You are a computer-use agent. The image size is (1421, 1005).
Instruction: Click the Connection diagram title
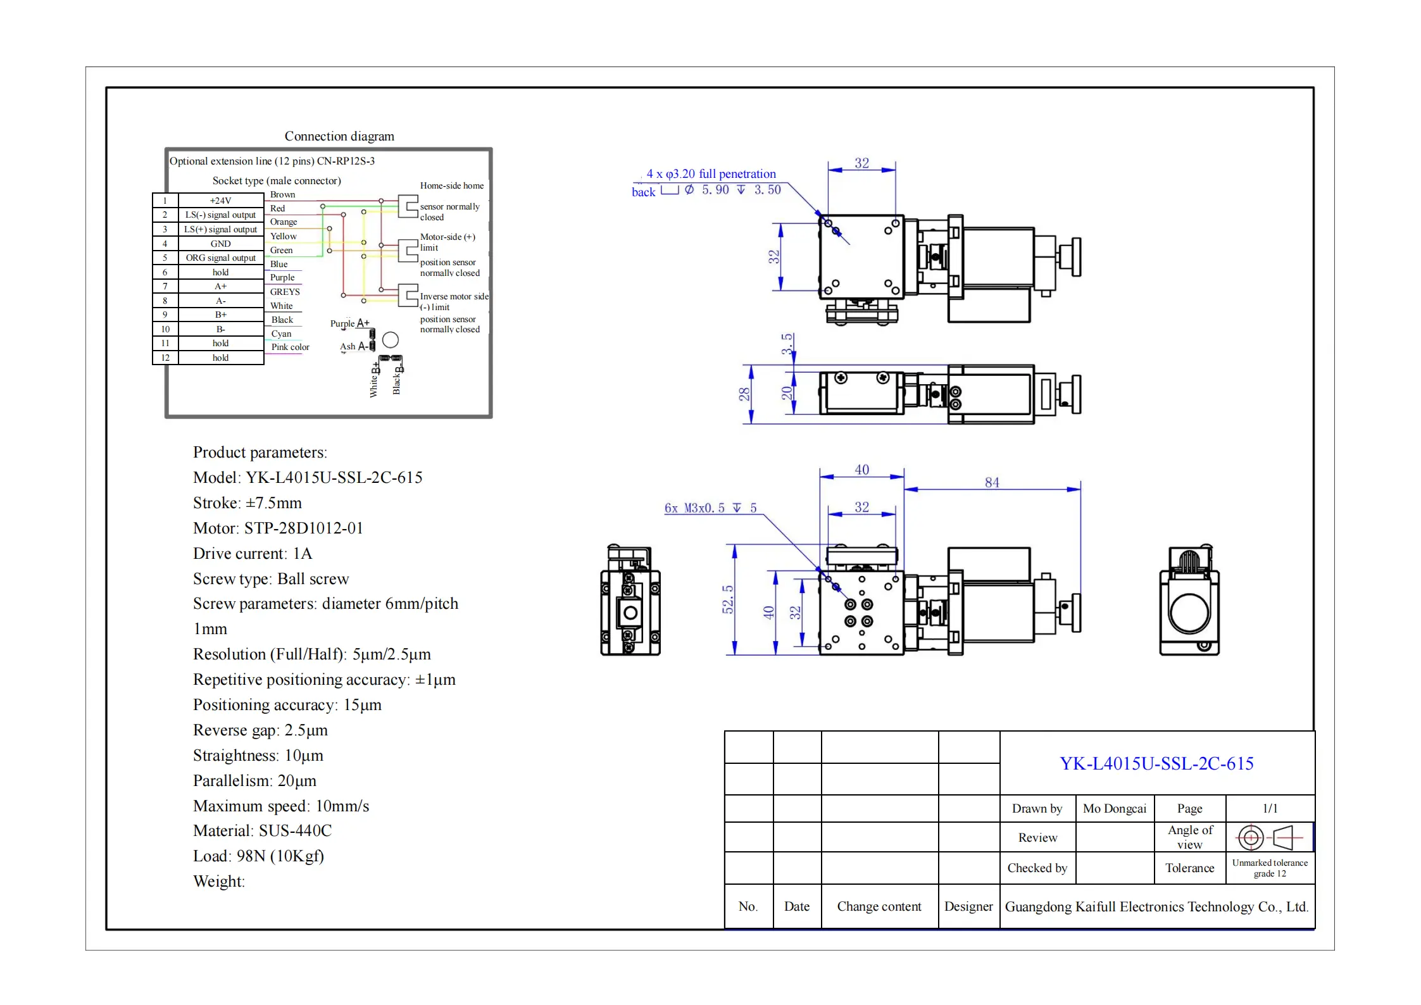[x=339, y=136]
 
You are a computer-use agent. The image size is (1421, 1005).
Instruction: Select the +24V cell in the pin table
[x=220, y=201]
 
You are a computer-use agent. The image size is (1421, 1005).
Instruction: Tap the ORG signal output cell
[x=220, y=258]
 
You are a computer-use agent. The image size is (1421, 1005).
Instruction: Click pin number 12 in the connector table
[x=165, y=358]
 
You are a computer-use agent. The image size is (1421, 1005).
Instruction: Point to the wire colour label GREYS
[x=285, y=292]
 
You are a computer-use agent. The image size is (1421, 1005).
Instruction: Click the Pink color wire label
[x=290, y=347]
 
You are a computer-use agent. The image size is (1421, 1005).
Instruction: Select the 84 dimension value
[x=992, y=482]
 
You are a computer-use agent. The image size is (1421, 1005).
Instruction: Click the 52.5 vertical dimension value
[x=728, y=599]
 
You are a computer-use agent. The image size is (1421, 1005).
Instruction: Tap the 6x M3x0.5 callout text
[x=710, y=508]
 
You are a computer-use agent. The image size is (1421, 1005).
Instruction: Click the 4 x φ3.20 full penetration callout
[x=710, y=173]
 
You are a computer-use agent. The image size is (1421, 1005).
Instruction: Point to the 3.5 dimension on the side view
[x=787, y=344]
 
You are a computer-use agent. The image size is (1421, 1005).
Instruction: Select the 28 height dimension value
[x=744, y=394]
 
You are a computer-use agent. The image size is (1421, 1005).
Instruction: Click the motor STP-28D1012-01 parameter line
[x=278, y=528]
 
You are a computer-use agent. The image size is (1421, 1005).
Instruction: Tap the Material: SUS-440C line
[x=262, y=830]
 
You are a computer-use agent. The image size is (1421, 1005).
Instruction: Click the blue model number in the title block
[x=1156, y=763]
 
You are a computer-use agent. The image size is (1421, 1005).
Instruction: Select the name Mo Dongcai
[x=1114, y=808]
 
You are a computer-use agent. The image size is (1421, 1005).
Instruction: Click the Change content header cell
[x=879, y=906]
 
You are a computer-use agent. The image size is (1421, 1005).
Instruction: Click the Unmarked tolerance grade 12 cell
[x=1269, y=868]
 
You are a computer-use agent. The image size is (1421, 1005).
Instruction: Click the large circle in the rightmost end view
[x=1189, y=613]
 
